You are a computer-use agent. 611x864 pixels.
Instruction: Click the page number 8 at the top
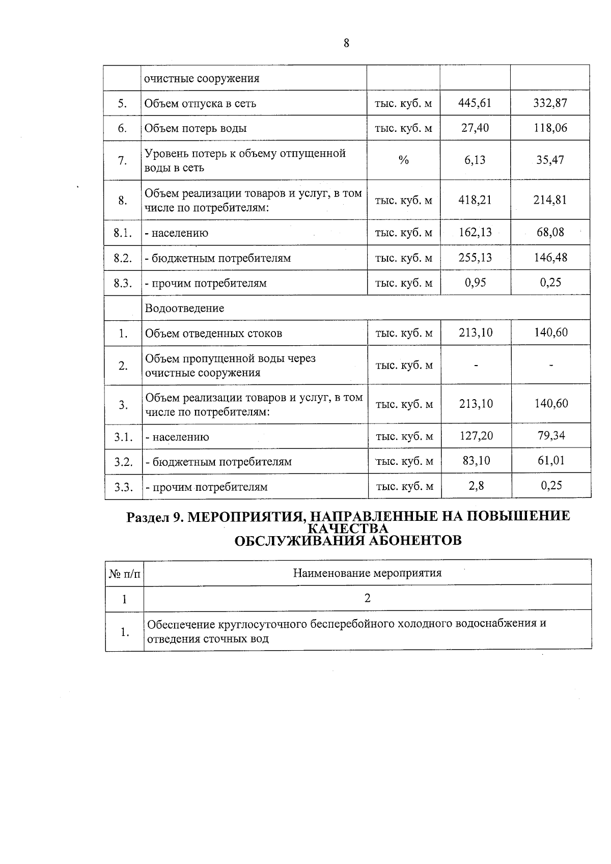[x=346, y=43]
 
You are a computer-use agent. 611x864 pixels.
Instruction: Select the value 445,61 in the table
[x=475, y=103]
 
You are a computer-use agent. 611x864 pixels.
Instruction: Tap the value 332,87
[x=550, y=103]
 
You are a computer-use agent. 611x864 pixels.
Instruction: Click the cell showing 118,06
[x=550, y=128]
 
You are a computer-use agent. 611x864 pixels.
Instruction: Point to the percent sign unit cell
[x=403, y=160]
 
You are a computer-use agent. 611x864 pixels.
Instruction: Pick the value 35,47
[x=550, y=160]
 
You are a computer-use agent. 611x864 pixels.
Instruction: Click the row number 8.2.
[x=123, y=258]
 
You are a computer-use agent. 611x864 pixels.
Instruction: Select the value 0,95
[x=475, y=283]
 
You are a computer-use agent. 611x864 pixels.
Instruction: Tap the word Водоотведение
[x=184, y=308]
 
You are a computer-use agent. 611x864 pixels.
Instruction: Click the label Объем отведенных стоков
[x=213, y=333]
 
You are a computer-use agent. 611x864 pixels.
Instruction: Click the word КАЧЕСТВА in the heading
[x=348, y=528]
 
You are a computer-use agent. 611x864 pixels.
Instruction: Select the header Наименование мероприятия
[x=367, y=573]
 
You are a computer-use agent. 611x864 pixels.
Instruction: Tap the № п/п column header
[x=124, y=573]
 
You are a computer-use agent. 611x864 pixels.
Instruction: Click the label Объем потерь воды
[x=196, y=128]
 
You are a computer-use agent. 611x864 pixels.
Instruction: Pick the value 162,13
[x=475, y=233]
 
